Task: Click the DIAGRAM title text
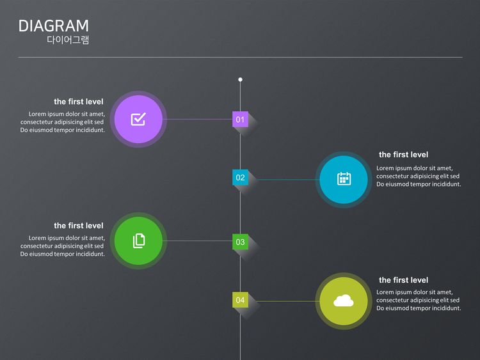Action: click(54, 26)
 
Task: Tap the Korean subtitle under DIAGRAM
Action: click(68, 40)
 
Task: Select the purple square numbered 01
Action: click(240, 119)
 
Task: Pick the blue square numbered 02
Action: click(240, 177)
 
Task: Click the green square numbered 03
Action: click(240, 242)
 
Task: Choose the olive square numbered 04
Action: click(240, 299)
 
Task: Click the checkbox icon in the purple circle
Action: click(138, 119)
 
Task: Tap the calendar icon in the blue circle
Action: click(344, 179)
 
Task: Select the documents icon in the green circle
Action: click(139, 240)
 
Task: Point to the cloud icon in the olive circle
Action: click(344, 300)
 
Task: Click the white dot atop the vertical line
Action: click(240, 80)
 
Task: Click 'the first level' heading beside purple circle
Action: click(78, 102)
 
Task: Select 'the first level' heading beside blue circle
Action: click(403, 155)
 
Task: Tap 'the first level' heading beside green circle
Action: click(78, 226)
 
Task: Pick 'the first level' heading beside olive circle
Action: click(403, 280)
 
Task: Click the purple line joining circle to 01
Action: click(198, 119)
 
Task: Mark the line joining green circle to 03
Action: click(198, 241)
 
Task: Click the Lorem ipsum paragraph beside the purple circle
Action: click(63, 122)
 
